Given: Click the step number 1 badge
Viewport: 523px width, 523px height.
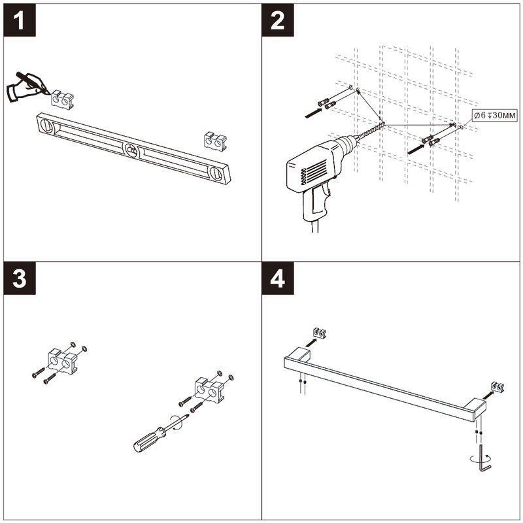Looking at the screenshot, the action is click(20, 20).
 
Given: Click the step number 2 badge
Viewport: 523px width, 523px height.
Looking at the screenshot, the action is click(277, 20).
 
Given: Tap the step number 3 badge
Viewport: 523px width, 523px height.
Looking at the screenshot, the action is click(20, 278).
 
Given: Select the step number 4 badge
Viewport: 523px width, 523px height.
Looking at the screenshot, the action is click(277, 278).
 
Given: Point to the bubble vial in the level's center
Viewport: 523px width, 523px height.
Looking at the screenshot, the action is click(132, 150).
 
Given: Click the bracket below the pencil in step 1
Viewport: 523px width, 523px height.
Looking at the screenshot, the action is click(62, 99).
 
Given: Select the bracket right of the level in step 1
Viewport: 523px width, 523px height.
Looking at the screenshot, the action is click(215, 141).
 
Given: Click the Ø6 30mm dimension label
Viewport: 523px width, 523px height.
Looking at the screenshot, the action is click(495, 116).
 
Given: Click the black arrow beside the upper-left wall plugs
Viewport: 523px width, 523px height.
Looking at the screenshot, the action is click(314, 112).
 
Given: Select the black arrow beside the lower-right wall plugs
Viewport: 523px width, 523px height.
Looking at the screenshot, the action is click(417, 149).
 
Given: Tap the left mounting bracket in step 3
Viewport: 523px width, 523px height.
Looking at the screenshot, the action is click(63, 362).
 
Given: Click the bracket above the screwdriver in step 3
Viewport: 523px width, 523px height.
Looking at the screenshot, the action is click(209, 390).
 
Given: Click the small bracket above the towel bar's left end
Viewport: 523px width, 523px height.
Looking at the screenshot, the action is click(320, 333).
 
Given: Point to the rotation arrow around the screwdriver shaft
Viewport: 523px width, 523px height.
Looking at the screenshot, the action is click(177, 423).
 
